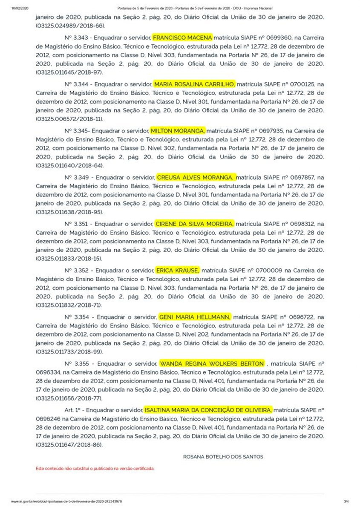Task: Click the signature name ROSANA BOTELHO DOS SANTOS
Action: pos(223,456)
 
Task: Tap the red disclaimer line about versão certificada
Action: pos(95,468)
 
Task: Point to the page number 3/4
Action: pos(346,501)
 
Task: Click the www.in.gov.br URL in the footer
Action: pos(66,501)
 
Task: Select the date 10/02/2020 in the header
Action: pos(19,8)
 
